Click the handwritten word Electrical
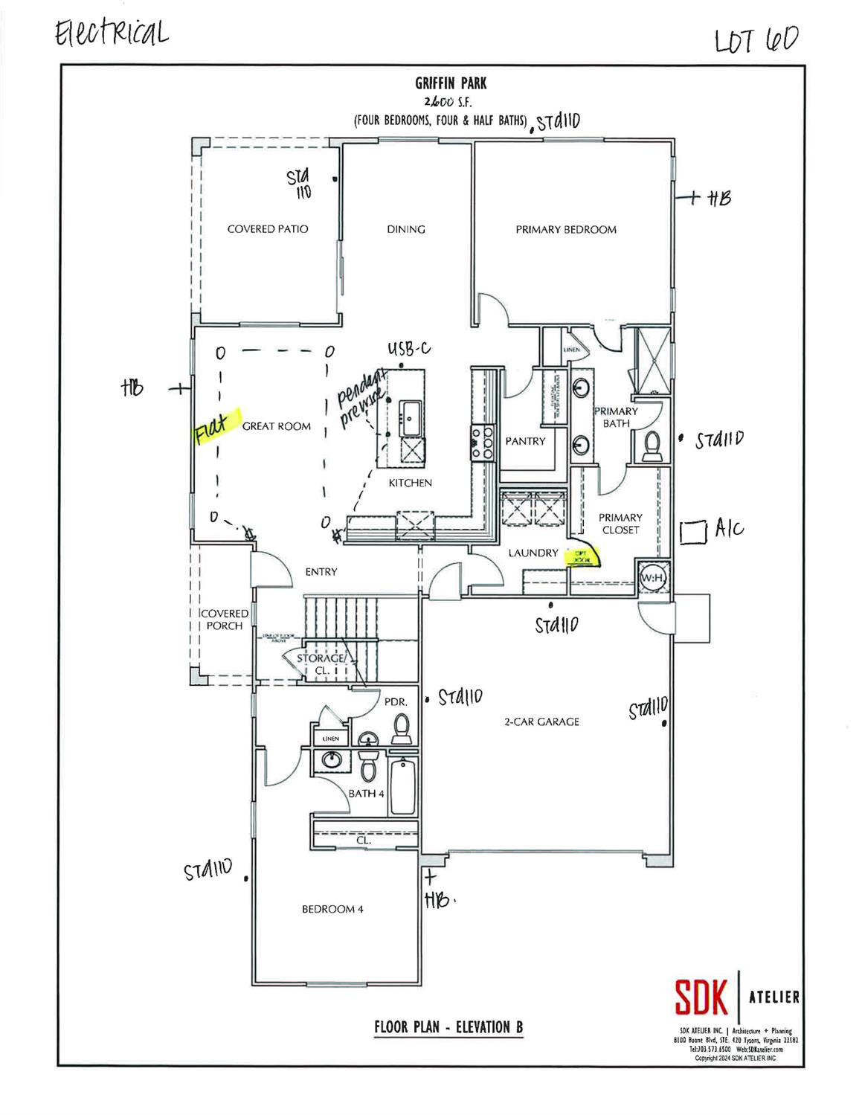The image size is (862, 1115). point(112,33)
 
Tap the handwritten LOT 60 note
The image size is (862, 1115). point(755,40)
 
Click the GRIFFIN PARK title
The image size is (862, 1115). point(451,84)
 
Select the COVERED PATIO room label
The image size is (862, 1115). point(268,229)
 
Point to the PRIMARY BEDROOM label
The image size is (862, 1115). point(566,230)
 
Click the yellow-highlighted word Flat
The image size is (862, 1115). point(212,428)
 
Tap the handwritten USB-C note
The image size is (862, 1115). point(408,349)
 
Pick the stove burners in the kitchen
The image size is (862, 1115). point(482,442)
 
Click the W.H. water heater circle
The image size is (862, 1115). point(652,578)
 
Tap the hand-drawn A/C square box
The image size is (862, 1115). point(692,531)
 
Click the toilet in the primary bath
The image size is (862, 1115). point(652,445)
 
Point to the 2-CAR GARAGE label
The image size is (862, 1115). point(541,722)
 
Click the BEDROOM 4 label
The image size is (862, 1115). point(332,909)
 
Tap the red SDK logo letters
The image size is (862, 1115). point(701,997)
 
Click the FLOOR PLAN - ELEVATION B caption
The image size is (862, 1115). point(448,1027)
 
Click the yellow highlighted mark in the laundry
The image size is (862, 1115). point(582,557)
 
